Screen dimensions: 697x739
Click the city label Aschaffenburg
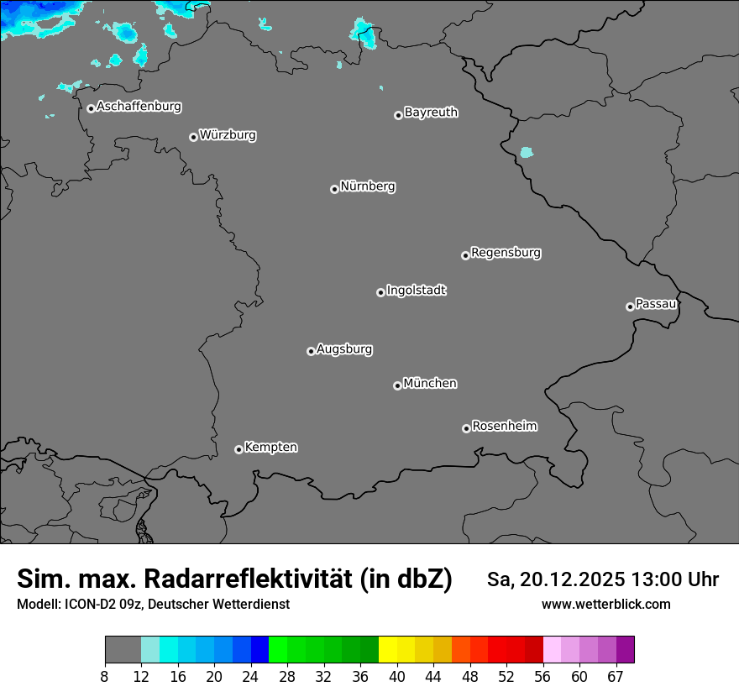tap(139, 107)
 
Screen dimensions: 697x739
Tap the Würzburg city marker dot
tap(193, 137)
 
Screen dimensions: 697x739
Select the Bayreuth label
tap(431, 112)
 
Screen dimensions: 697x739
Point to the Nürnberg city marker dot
tap(334, 189)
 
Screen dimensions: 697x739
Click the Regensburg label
tap(506, 252)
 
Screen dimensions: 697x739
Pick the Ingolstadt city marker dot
tap(380, 292)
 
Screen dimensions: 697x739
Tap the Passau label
tap(656, 303)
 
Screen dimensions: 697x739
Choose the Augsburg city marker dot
tap(311, 351)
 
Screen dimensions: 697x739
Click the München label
tap(430, 383)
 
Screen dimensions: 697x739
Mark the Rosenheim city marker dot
tap(466, 429)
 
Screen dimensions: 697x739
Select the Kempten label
tap(270, 447)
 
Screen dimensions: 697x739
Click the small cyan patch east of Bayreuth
tap(527, 152)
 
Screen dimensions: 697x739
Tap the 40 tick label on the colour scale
tap(397, 677)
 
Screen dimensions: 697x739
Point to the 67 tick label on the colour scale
tap(616, 677)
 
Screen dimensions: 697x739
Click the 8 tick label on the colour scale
tap(105, 677)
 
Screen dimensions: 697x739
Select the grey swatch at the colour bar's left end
tap(123, 649)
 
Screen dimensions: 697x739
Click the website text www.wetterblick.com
tap(606, 604)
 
